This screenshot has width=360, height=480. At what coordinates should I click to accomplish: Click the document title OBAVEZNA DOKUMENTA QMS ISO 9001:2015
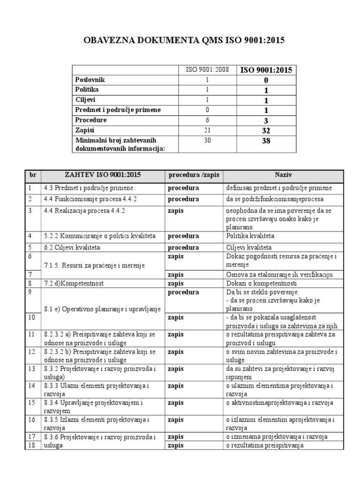click(x=184, y=41)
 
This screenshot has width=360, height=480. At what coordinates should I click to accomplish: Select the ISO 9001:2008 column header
click(x=207, y=70)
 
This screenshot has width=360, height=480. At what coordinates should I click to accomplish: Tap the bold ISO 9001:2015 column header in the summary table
click(x=266, y=70)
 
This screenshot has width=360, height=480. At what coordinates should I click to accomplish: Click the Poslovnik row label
click(x=90, y=80)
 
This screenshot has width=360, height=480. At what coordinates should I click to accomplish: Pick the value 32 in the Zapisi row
click(x=266, y=130)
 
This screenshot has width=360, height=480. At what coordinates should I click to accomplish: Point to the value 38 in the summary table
click(x=266, y=140)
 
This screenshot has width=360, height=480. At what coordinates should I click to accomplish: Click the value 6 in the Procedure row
click(x=207, y=120)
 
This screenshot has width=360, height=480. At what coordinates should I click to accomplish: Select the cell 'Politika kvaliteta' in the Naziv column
click(x=250, y=235)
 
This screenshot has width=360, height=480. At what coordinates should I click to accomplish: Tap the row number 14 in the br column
click(x=31, y=385)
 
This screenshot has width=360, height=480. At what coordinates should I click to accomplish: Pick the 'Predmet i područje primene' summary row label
click(x=118, y=110)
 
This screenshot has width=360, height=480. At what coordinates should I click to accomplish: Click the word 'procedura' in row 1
click(x=183, y=187)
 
